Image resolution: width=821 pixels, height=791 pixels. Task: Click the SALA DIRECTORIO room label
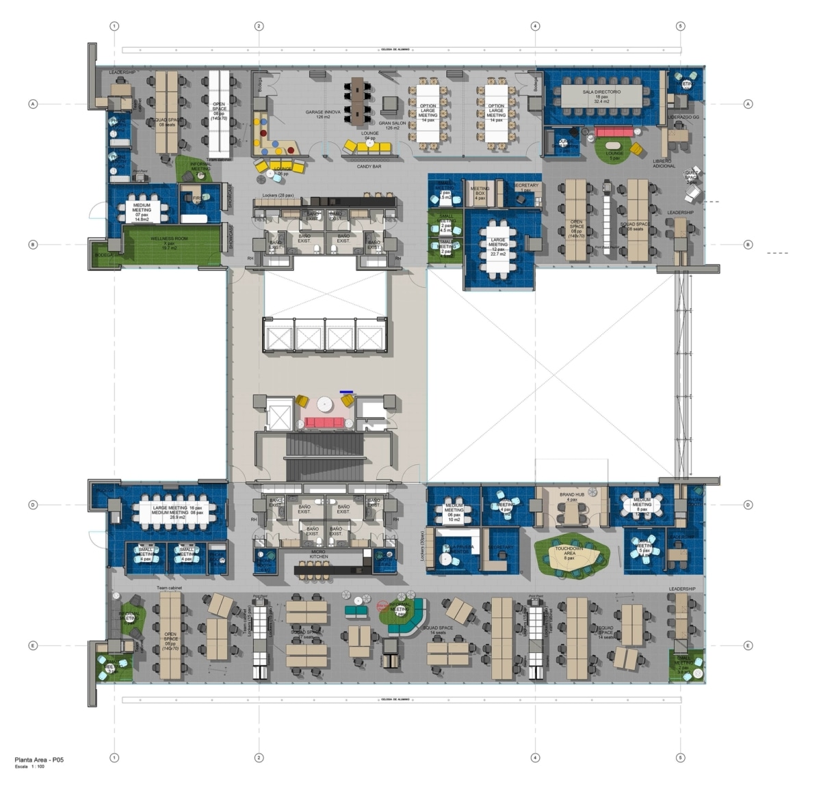coord(601,91)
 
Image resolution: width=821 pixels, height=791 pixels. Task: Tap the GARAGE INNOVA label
coord(323,113)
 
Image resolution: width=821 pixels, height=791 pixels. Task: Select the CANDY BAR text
coord(369,166)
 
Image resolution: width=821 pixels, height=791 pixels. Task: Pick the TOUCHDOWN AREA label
coord(569,551)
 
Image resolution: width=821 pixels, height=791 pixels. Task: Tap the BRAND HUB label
coord(571,495)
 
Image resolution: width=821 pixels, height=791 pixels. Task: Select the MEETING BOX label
coord(480,191)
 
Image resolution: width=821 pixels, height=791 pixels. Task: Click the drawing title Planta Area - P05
coord(40,760)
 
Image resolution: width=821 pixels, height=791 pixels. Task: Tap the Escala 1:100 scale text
coord(29,767)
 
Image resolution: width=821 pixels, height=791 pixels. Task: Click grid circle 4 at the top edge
coord(535,26)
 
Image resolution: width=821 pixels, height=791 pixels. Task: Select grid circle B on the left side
coord(32,244)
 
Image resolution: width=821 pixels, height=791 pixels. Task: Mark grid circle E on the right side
coord(748,645)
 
